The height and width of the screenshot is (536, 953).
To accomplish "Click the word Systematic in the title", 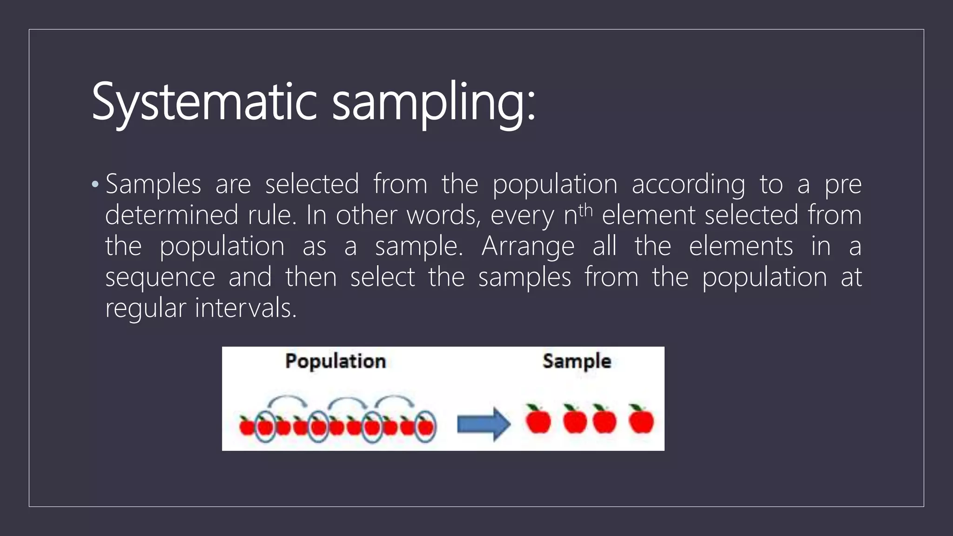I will coord(204,102).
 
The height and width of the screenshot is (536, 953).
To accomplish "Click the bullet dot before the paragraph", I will coord(95,184).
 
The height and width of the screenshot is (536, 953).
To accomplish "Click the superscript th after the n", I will coord(585,210).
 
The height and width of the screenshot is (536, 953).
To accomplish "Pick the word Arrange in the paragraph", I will coord(528,247).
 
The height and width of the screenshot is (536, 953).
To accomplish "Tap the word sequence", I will coord(160,278).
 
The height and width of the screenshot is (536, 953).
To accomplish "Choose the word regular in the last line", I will coord(146,308).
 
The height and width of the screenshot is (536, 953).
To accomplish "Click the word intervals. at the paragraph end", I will coord(246,308).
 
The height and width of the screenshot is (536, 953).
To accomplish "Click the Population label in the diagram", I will coord(336,362).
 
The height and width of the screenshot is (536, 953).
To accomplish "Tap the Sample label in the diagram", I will coord(577,362).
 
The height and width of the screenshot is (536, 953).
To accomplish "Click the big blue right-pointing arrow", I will coord(484,424).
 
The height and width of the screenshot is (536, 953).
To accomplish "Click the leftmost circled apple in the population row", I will coord(265,426).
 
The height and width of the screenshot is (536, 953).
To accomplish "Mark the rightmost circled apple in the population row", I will coord(425,426).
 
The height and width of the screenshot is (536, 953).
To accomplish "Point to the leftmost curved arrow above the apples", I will coord(287,400).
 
